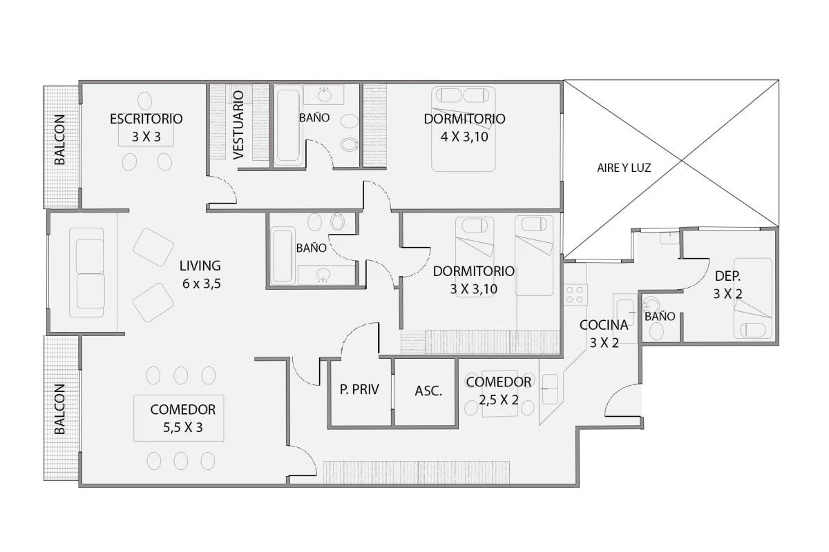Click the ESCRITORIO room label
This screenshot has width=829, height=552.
click(x=146, y=119)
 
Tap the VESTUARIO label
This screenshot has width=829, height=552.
click(x=239, y=126)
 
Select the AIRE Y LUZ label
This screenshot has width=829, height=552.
click(x=624, y=168)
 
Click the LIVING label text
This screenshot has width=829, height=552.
click(x=200, y=266)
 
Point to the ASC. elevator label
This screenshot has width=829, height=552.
click(x=428, y=391)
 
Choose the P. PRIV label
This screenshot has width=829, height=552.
click(x=359, y=389)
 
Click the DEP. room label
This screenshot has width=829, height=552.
click(x=727, y=276)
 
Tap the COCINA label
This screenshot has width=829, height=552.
click(x=604, y=325)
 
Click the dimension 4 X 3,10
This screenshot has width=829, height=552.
click(x=464, y=137)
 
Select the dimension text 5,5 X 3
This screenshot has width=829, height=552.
click(x=183, y=427)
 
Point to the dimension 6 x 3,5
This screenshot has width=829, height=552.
click(x=201, y=284)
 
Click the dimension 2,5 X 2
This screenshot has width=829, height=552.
click(x=499, y=400)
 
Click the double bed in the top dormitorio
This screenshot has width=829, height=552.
click(x=464, y=129)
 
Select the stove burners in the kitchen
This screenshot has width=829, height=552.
click(x=575, y=295)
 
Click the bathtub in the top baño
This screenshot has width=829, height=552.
click(x=287, y=125)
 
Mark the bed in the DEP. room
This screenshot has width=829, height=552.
click(x=753, y=298)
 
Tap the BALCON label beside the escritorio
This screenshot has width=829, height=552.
click(x=59, y=140)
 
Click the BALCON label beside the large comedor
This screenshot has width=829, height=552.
click(x=59, y=409)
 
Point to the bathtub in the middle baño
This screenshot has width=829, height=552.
click(x=283, y=256)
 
